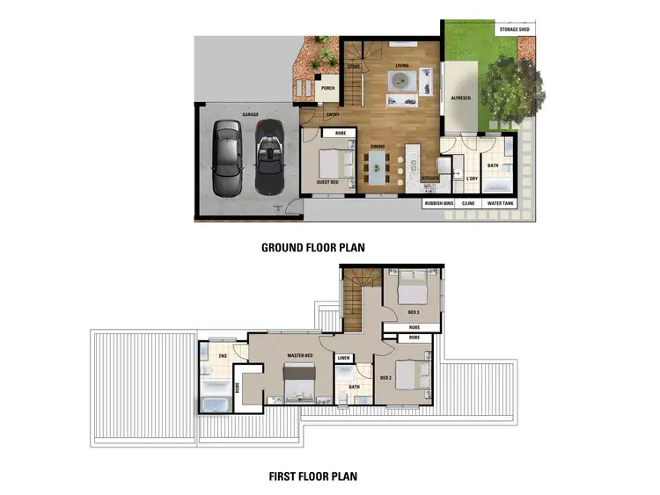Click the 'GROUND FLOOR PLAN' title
coord(312,248)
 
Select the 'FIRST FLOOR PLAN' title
coord(312,477)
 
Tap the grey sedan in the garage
coord(227,158)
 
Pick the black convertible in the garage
coord(268,158)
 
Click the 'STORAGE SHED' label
coord(515,29)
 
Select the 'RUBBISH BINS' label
coord(438,204)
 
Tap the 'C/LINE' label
coord(468,204)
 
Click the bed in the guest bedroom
coord(335,163)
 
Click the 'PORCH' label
coord(327,88)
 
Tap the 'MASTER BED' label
coord(301,355)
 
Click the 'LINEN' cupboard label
coord(344,358)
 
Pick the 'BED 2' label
coord(385,377)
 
